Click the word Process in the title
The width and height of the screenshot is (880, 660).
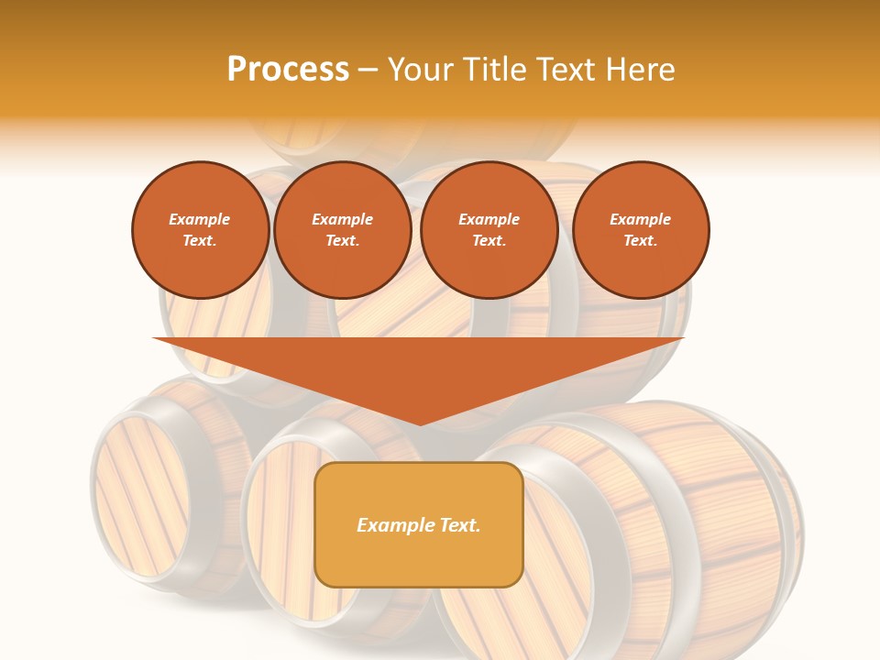point(288,70)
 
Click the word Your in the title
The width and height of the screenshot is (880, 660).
point(423,70)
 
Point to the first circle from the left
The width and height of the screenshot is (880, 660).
point(201,230)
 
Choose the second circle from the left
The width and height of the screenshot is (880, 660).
point(343,230)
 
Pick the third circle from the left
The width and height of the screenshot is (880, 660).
point(489,230)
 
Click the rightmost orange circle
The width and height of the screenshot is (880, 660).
point(641,230)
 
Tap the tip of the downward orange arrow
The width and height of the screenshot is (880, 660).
point(420,423)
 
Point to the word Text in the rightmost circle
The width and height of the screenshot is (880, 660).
point(640,241)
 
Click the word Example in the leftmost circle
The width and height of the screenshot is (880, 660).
point(200,219)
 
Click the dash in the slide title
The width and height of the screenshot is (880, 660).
point(368,70)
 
